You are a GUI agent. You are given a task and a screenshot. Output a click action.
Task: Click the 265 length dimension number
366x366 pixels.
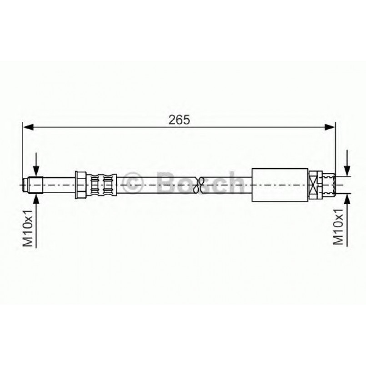point(179,120)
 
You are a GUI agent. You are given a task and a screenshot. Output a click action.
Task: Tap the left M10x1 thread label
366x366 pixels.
point(28,228)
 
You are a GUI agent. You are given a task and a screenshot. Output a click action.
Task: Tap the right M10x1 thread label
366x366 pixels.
point(338,227)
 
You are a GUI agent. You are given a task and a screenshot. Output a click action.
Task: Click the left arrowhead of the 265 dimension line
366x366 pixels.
point(29,127)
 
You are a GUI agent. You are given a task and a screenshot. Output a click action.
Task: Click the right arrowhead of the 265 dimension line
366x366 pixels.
point(330,127)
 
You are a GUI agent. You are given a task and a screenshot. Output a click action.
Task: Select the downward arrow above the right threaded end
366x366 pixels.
point(347,163)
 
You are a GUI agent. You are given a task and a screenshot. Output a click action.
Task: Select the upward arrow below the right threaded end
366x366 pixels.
point(347,220)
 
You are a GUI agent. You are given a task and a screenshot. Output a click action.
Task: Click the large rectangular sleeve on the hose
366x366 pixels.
point(280,185)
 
